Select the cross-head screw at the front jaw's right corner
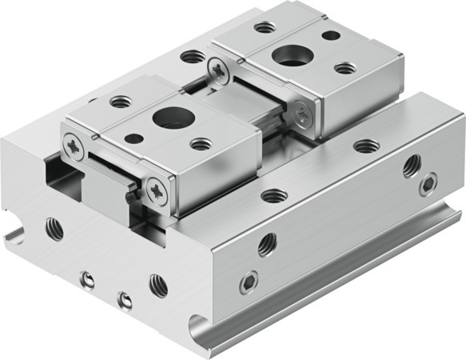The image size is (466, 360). coord(157,190)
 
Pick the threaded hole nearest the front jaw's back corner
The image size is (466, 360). coord(121,102)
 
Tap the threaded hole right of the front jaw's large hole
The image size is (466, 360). coord(201,144)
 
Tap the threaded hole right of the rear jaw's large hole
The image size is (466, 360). coord(345,68)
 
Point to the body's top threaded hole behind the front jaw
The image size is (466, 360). coord(192,57)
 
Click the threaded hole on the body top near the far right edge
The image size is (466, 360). coord(366,146)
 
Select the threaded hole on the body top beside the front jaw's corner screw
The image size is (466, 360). coord(274,195)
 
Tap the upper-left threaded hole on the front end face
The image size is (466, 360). coord(54,228)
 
